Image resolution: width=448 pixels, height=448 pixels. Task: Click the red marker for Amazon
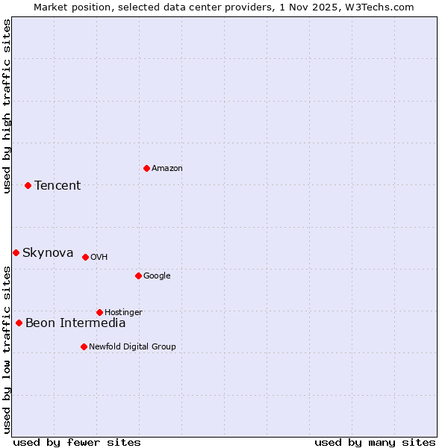pyautogui.click(x=146, y=168)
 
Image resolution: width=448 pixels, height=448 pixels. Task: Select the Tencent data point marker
pyautogui.click(x=28, y=185)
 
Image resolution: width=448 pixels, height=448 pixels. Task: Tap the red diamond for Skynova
pyautogui.click(x=16, y=252)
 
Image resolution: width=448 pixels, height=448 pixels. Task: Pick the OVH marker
pyautogui.click(x=85, y=257)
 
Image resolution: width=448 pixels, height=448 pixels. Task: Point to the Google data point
pyautogui.click(x=138, y=276)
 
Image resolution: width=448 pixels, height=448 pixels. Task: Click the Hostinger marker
pyautogui.click(x=99, y=312)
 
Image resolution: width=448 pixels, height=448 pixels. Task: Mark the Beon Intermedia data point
pyautogui.click(x=19, y=323)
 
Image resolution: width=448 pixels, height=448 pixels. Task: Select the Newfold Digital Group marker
pyautogui.click(x=84, y=346)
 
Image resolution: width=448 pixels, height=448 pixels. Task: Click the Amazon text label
pyautogui.click(x=167, y=168)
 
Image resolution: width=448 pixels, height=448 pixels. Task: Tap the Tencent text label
pyautogui.click(x=57, y=185)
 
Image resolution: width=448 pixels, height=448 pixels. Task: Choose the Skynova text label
pyautogui.click(x=48, y=252)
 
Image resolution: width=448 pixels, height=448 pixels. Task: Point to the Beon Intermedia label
pyautogui.click(x=75, y=323)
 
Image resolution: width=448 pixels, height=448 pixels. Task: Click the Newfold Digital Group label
pyautogui.click(x=132, y=346)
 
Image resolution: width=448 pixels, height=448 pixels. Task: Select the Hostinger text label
pyautogui.click(x=123, y=312)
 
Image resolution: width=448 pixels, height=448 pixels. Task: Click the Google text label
pyautogui.click(x=157, y=276)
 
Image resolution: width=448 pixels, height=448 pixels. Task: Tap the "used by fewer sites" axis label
pyautogui.click(x=77, y=442)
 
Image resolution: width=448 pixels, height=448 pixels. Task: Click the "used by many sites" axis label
pyautogui.click(x=375, y=442)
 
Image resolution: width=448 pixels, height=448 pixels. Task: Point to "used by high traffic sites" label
pyautogui.click(x=7, y=106)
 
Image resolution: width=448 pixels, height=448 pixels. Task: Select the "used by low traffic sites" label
pyautogui.click(x=7, y=349)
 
